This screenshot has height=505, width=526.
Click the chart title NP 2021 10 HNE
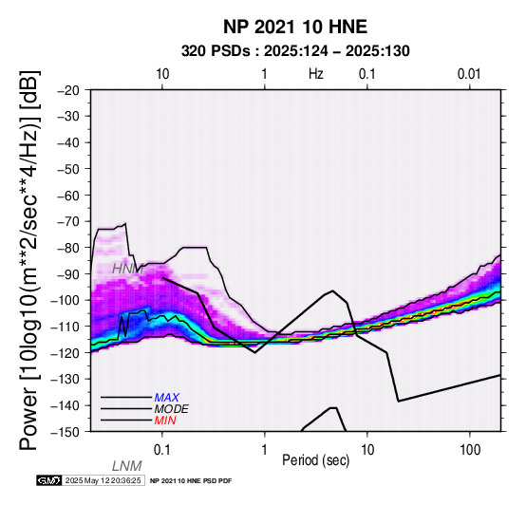tap(295, 27)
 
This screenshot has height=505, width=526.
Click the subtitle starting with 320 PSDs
tap(295, 51)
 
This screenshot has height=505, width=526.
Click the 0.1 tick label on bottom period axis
tap(162, 450)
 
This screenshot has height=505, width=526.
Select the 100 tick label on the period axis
tap(470, 450)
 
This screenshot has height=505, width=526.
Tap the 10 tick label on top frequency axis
tap(162, 74)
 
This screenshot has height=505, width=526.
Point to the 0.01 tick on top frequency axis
tap(469, 74)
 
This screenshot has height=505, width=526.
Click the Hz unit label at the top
tap(316, 74)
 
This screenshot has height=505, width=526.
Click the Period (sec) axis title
tap(315, 460)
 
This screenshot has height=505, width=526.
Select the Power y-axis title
tap(29, 260)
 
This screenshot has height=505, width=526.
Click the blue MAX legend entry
tap(167, 398)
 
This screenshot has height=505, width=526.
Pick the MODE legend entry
tap(172, 409)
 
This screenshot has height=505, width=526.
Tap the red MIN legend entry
tap(165, 421)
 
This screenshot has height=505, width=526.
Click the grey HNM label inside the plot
tap(128, 269)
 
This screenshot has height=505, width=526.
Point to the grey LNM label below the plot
tap(127, 466)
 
